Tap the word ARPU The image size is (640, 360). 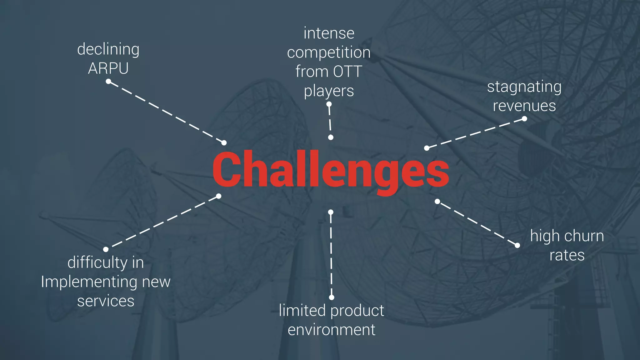point(108,68)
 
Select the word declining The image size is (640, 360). point(108,49)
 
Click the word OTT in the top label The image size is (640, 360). point(347,72)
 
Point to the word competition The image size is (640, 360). point(329,52)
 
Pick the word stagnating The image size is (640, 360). point(524,87)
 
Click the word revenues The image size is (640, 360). point(524,106)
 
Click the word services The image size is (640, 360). point(106,301)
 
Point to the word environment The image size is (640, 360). point(331,330)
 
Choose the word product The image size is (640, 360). point(357,311)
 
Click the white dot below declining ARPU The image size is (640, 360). point(108,82)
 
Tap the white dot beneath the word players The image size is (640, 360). point(329,104)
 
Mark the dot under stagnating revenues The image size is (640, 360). point(524,119)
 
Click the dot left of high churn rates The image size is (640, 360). point(517,245)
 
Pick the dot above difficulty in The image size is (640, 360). point(106,249)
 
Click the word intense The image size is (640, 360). point(329,33)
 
